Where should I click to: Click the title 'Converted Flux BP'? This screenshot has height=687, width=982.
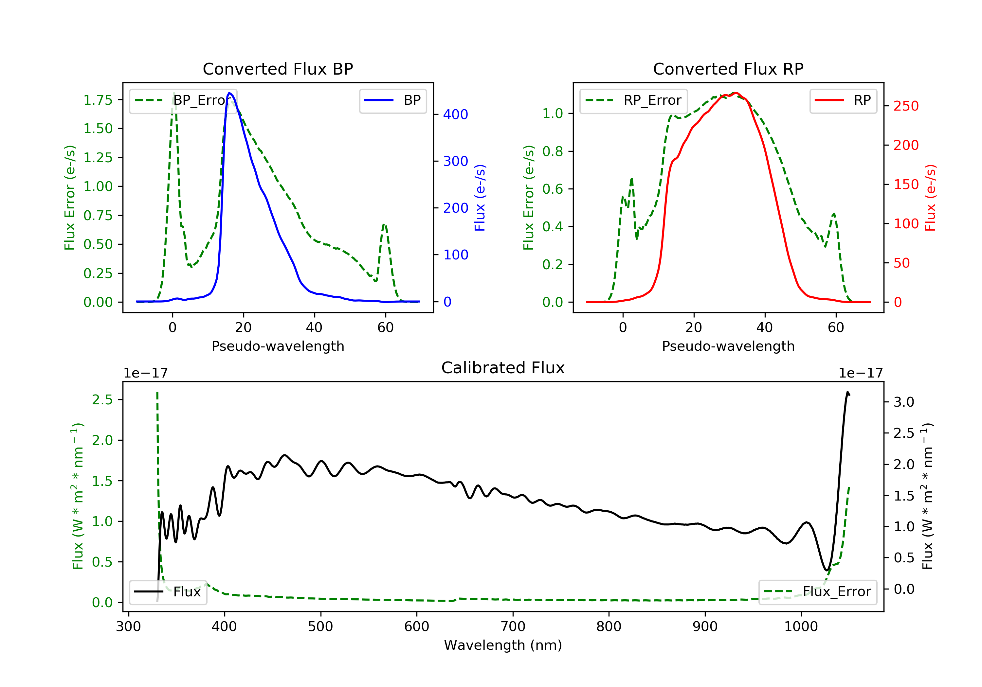[x=278, y=69]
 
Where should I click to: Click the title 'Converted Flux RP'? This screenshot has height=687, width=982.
[x=728, y=69]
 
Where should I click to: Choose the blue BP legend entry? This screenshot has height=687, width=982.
[x=392, y=100]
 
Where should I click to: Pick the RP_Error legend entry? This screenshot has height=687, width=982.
[x=633, y=100]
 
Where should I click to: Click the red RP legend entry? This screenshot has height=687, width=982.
[x=843, y=100]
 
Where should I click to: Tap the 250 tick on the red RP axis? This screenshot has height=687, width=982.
[x=906, y=106]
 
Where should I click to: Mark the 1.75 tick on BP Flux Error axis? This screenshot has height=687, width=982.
[x=98, y=100]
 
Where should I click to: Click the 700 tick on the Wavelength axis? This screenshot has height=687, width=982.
[x=513, y=627]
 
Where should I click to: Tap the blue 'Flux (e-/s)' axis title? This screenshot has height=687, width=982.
[x=480, y=198]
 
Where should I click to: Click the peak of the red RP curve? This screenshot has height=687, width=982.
[x=735, y=93]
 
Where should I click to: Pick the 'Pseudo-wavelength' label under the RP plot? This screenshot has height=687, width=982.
[x=728, y=346]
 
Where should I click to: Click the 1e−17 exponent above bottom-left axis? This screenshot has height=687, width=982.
[x=145, y=373]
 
